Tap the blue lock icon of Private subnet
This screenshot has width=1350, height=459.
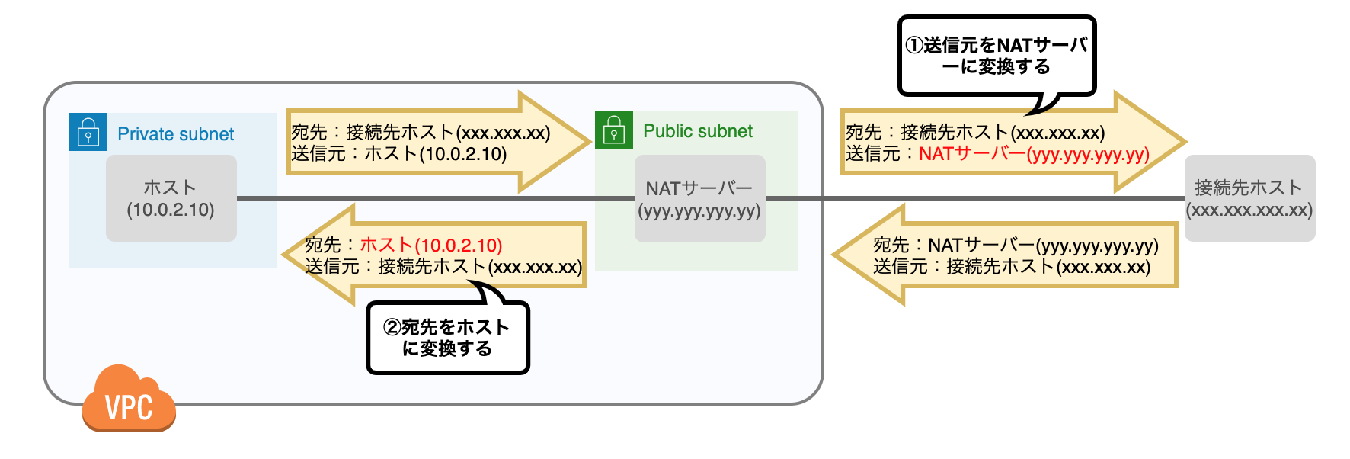pos(88,132)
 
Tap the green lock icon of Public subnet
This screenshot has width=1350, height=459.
pos(614,130)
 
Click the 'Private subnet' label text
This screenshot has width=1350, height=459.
pos(175,134)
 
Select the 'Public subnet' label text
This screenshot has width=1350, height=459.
pos(697,131)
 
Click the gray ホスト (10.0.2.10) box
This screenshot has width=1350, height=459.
pos(171,198)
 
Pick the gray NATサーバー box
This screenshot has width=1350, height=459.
pos(699,198)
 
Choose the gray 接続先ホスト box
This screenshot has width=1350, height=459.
pos(1249,198)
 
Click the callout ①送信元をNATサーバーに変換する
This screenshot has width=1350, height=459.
pos(997,56)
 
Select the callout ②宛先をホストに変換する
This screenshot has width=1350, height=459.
pos(447,338)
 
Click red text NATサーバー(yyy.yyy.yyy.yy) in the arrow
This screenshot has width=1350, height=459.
pos(1033,154)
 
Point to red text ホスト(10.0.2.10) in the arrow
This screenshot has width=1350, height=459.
pos(430,246)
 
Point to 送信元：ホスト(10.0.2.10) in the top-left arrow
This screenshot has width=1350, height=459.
pos(398,154)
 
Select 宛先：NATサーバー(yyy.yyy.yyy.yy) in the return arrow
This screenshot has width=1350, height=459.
pos(1015,246)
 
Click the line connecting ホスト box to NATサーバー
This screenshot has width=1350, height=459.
pos(434,198)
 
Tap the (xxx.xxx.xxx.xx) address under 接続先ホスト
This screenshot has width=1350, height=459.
pos(1249,210)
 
